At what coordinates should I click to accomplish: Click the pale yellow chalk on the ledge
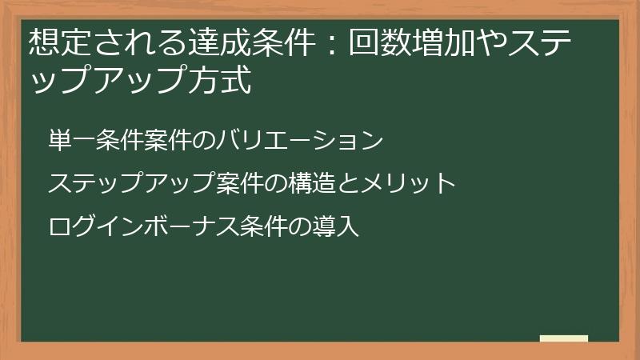564,338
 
